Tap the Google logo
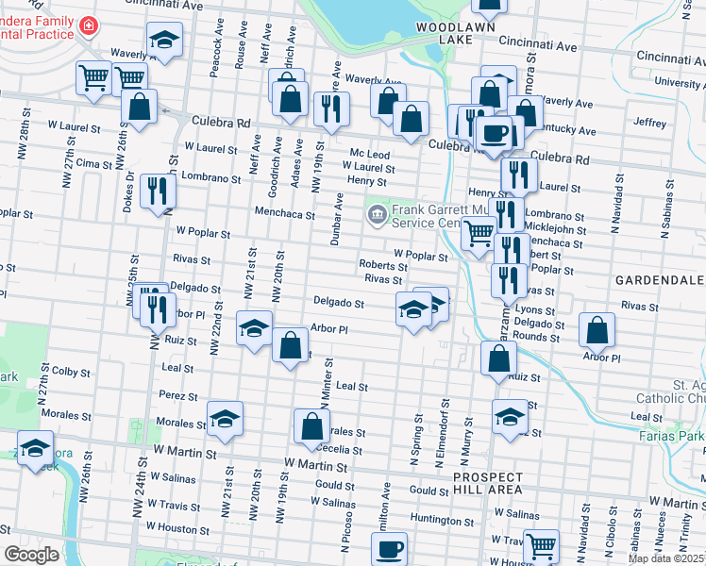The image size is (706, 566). (31, 555)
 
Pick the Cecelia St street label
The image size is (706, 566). (341, 450)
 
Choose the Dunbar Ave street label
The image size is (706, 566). (336, 220)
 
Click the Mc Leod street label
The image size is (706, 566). (369, 154)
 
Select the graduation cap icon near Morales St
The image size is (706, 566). (225, 420)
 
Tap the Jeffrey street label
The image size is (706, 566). (650, 123)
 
